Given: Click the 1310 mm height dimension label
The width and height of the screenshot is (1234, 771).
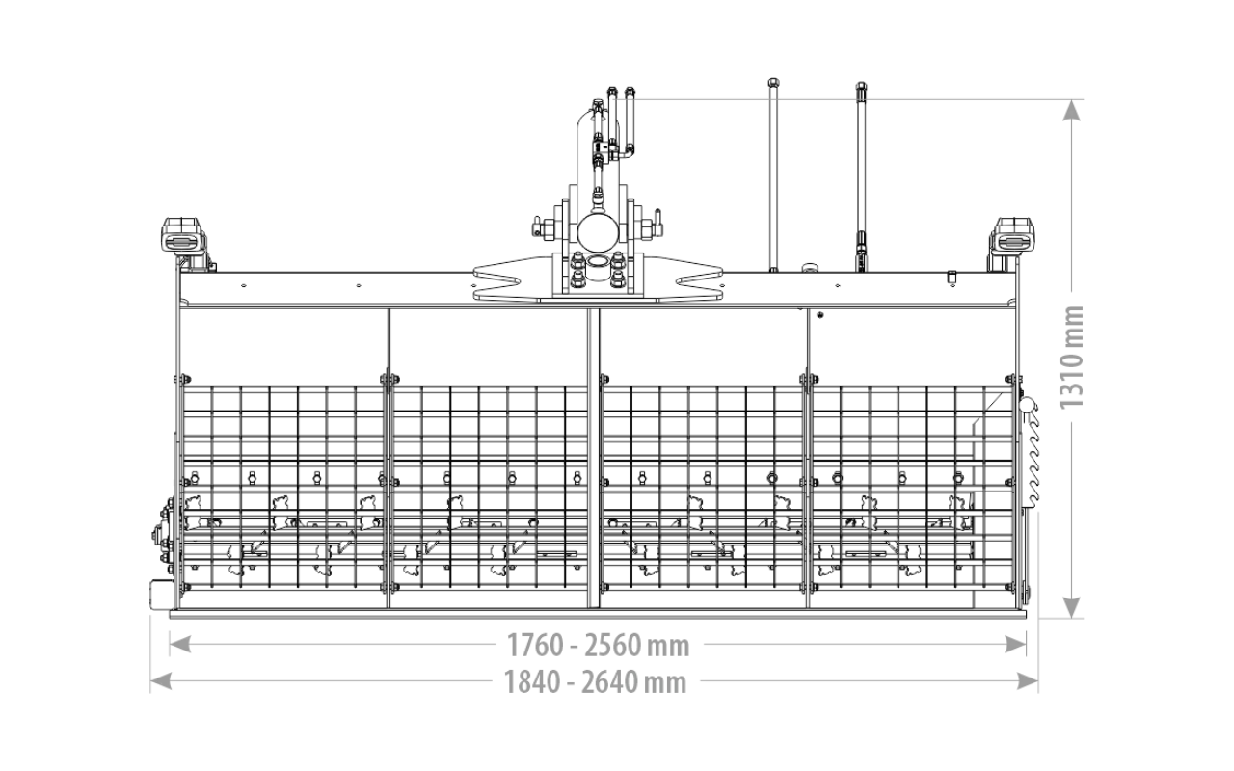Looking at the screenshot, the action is [x=1071, y=358].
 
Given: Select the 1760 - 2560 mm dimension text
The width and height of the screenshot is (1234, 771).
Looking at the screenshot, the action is [x=598, y=646].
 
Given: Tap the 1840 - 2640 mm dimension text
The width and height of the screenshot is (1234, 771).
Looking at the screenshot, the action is [x=596, y=682].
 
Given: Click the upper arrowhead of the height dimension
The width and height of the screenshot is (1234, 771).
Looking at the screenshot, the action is [x=1071, y=111].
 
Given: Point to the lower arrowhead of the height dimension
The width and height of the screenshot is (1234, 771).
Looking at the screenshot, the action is [x=1071, y=607].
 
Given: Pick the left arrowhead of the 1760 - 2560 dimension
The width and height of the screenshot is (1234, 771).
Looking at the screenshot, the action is [x=180, y=644].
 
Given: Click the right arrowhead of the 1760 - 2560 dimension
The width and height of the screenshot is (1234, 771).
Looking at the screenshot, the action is [x=1015, y=644].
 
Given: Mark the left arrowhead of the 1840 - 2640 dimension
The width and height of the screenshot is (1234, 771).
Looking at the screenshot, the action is [x=161, y=681].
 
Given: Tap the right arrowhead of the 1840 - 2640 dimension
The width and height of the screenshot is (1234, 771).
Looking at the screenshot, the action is [x=1028, y=681].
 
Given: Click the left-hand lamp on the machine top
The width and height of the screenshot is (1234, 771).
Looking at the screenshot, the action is [x=182, y=237].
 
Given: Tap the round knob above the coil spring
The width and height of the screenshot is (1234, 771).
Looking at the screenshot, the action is [x=1027, y=406].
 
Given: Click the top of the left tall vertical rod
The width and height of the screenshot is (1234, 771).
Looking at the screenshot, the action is [x=772, y=83].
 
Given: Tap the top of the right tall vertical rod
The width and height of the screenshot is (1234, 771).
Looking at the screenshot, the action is [x=861, y=87].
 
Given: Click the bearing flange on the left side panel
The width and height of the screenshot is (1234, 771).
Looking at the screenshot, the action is [x=164, y=531].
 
